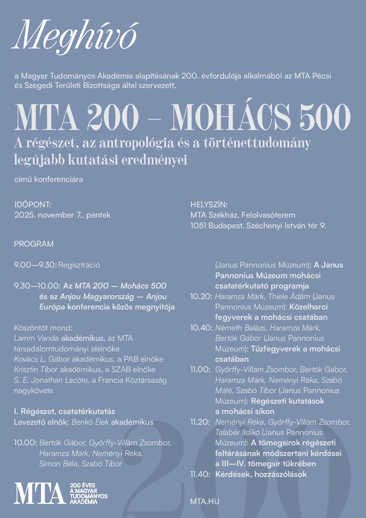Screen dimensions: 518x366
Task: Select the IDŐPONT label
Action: (x=33, y=204)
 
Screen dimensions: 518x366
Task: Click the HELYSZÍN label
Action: (x=209, y=204)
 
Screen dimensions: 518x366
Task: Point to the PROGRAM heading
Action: (x=34, y=244)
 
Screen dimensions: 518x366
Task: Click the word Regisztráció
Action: (x=79, y=265)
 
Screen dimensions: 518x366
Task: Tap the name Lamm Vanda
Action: (x=36, y=338)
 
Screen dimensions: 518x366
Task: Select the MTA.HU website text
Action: (x=205, y=501)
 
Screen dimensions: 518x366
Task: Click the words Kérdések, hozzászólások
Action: (x=261, y=474)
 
